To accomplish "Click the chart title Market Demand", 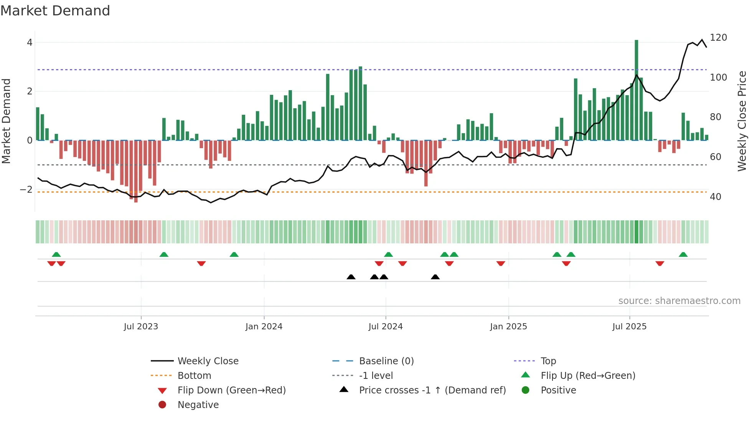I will (55, 11).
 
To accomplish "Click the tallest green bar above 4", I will (636, 90).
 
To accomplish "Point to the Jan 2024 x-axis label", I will (264, 327).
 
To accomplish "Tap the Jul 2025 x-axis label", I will (629, 327).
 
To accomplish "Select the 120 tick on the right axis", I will (718, 38).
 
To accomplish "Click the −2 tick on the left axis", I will (26, 190).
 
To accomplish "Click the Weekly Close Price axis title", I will (742, 121).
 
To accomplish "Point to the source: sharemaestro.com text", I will (679, 301).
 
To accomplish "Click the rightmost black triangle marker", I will (435, 277).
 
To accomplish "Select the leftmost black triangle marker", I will (351, 277).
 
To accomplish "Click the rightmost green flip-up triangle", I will (683, 254).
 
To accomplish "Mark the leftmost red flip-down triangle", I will (51, 263).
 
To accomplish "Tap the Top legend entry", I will (548, 361).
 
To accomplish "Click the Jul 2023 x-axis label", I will (141, 327).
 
